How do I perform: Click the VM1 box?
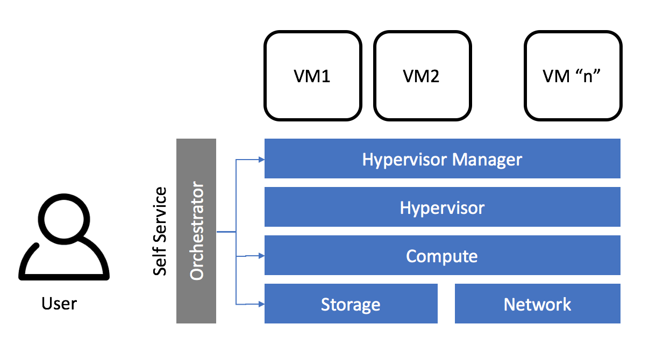[312, 76]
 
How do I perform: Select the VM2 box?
[422, 76]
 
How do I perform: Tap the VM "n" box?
[573, 76]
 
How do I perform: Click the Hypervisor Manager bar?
[442, 159]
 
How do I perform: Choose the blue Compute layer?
[442, 256]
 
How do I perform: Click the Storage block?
[351, 304]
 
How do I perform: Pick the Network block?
[537, 304]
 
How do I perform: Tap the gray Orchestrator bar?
[196, 231]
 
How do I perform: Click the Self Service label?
[160, 232]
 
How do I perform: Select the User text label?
[59, 304]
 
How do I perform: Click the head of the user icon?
[65, 219]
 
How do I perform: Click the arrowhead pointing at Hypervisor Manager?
[261, 159]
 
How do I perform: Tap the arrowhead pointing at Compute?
[261, 256]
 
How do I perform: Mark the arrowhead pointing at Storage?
[261, 304]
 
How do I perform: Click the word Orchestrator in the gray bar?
[197, 231]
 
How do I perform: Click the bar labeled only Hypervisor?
[442, 207]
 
